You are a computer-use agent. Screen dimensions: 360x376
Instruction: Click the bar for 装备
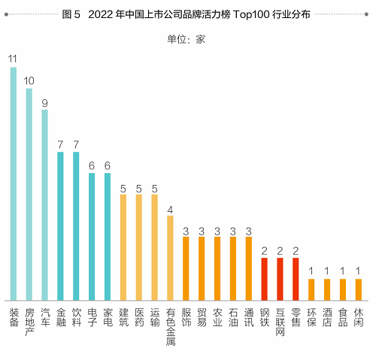click(14, 183)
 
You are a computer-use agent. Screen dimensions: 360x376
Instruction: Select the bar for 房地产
click(29, 194)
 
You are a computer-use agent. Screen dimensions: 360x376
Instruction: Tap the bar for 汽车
click(45, 204)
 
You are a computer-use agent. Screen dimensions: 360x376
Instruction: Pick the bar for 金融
click(61, 225)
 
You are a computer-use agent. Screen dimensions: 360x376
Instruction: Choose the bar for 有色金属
click(170, 258)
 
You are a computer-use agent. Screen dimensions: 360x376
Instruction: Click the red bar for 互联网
click(280, 279)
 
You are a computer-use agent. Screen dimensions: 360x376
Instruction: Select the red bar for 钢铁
click(264, 279)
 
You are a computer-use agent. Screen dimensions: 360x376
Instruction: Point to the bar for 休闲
click(358, 289)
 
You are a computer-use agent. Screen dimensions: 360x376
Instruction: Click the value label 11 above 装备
click(14, 59)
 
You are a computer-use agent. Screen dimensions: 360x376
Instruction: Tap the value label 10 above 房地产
click(29, 80)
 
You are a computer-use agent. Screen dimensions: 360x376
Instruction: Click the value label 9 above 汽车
click(45, 101)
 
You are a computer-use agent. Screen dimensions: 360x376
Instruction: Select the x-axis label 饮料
click(76, 316)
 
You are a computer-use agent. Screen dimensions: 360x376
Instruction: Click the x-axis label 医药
click(139, 316)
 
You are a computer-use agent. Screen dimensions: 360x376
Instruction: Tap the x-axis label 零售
click(296, 316)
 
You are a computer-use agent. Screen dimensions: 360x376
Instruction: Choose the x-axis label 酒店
click(327, 316)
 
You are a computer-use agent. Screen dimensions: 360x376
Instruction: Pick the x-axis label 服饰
click(186, 316)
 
